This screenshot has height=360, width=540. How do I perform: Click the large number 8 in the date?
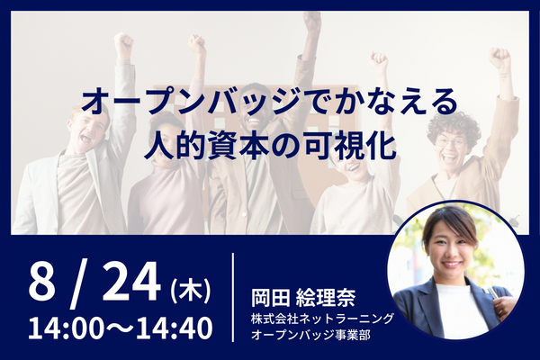pyautogui.click(x=41, y=282)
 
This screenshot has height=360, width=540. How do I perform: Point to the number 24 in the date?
pyautogui.click(x=131, y=282)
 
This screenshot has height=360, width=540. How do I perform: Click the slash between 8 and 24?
pyautogui.click(x=79, y=285)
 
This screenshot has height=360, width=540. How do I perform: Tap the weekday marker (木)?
pyautogui.click(x=191, y=292)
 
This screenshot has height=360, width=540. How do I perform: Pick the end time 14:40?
pyautogui.click(x=175, y=328)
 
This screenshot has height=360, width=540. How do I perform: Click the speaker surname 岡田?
pyautogui.click(x=271, y=297)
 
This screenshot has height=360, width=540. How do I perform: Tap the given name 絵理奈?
pyautogui.click(x=326, y=297)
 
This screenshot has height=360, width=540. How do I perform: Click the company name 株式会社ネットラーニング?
pyautogui.click(x=322, y=319)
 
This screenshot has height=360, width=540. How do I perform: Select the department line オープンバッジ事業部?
pyautogui.click(x=310, y=335)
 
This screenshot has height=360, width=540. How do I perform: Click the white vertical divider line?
pyautogui.click(x=233, y=297)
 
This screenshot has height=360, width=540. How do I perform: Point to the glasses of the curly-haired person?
pyautogui.click(x=452, y=141)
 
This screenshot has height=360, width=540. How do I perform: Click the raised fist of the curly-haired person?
pyautogui.click(x=499, y=58)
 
